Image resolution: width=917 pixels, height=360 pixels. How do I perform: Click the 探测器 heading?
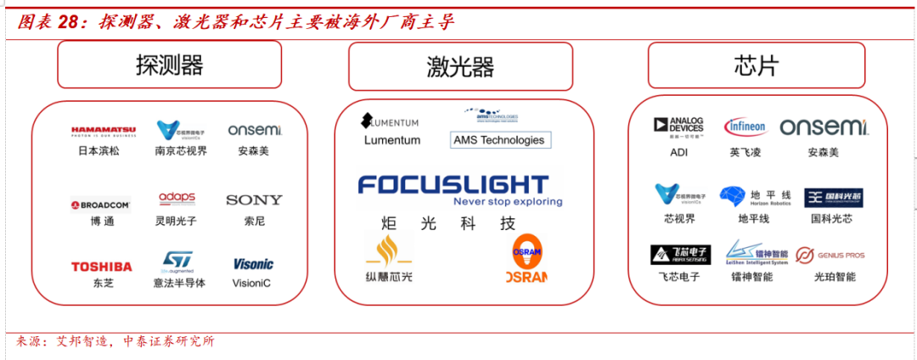tap(169, 65)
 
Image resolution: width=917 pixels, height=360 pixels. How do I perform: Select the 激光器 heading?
tap(460, 67)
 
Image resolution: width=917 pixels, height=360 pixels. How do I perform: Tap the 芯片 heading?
tap(756, 66)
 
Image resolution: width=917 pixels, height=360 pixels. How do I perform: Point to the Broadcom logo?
tap(101, 205)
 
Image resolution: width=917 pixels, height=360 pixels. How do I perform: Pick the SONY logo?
tap(254, 200)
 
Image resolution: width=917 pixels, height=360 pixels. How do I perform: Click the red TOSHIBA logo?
tap(102, 267)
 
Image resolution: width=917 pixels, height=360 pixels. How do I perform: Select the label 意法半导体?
tap(179, 283)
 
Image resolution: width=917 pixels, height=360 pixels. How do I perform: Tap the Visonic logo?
tap(253, 264)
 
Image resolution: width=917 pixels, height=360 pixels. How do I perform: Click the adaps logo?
tap(177, 199)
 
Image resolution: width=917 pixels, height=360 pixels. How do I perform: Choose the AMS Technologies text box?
tap(498, 140)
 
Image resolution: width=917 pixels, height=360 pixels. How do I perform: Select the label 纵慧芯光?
tap(389, 277)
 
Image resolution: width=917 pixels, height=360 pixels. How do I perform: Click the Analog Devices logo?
tap(678, 127)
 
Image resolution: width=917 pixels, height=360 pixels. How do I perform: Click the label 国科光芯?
tap(832, 219)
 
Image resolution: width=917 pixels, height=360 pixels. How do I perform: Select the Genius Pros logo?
tap(830, 255)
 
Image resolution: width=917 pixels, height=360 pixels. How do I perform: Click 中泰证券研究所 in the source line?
tap(169, 341)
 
